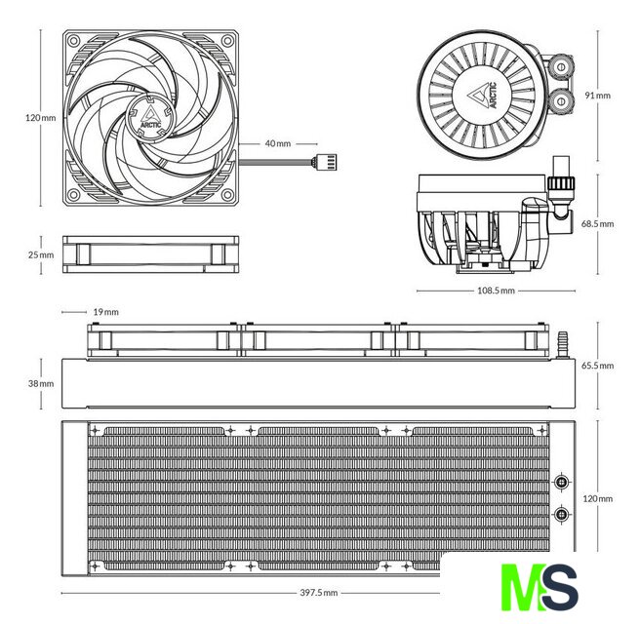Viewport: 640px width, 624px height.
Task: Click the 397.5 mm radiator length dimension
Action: click(x=319, y=593)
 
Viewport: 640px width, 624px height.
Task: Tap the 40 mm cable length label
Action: click(x=278, y=143)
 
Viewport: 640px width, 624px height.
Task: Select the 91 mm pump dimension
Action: click(x=597, y=96)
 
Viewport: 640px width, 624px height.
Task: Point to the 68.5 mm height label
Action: click(x=597, y=224)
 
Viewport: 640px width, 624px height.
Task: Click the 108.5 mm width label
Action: click(x=496, y=291)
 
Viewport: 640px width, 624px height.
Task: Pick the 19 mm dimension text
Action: click(x=105, y=312)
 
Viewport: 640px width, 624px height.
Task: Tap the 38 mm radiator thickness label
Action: click(x=41, y=384)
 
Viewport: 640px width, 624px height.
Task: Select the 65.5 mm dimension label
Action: click(x=597, y=366)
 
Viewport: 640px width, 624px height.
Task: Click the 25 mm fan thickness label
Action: click(x=41, y=254)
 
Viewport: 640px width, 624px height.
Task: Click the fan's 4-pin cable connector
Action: click(x=325, y=162)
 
